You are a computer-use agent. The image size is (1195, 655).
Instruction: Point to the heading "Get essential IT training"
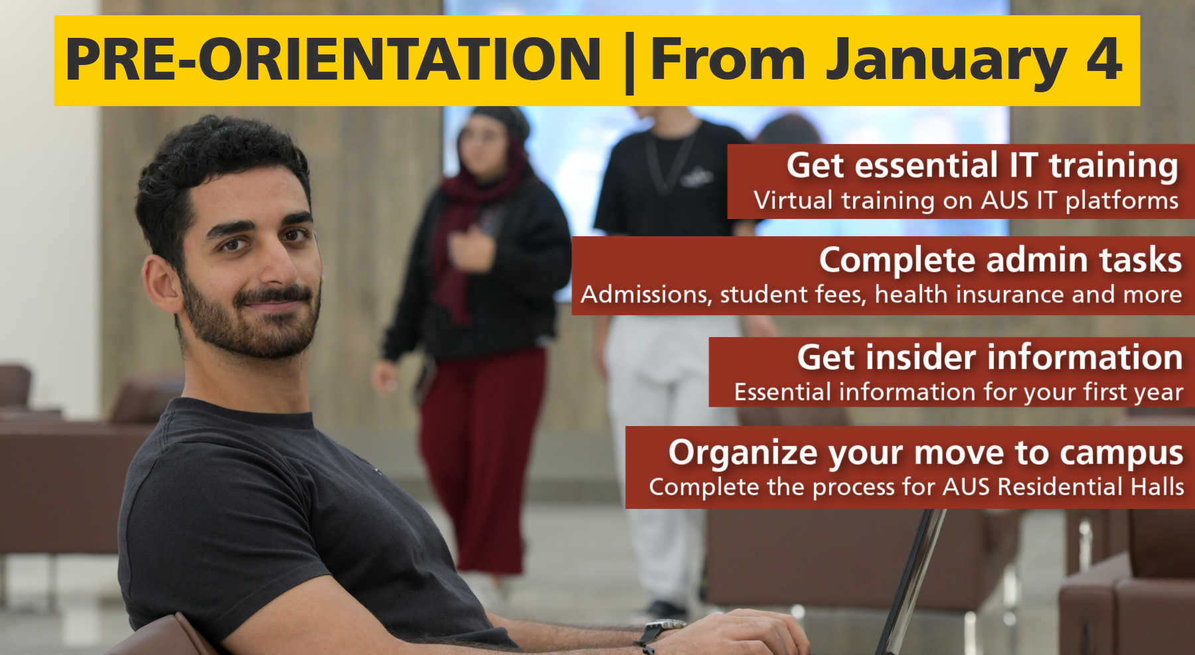point(983,165)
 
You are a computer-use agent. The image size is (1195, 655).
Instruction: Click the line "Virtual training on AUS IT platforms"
point(966,200)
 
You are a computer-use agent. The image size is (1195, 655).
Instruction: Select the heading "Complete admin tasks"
point(1000,259)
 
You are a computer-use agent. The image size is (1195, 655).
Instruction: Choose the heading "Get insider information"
point(990,357)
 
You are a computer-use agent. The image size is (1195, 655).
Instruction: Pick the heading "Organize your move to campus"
point(925,453)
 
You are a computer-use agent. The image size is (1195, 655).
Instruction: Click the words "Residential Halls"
point(1091,486)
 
